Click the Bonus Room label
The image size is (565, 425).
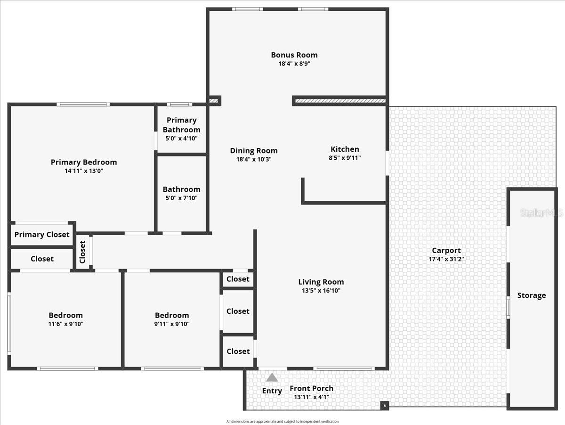[x=294, y=55]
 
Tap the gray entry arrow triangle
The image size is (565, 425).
[x=272, y=378]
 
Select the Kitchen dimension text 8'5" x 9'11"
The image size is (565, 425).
[x=345, y=158]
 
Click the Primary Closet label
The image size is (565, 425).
[x=42, y=235]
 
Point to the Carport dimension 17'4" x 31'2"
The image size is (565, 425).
[x=446, y=259]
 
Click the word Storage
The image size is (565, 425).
[x=532, y=295]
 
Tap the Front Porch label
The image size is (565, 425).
[x=311, y=388]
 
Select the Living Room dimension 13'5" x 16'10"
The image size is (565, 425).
[x=321, y=291]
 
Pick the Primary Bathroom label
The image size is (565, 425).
[x=181, y=125]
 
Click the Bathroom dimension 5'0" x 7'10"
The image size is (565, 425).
[x=181, y=198]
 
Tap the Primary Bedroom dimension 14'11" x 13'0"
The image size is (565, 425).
[x=84, y=171]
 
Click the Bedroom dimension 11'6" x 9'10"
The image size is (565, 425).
[x=66, y=324]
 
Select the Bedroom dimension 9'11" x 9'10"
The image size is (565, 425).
[x=172, y=324]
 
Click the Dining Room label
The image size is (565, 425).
[x=254, y=151]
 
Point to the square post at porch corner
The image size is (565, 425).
[x=385, y=405]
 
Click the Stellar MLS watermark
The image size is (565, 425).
[x=541, y=213]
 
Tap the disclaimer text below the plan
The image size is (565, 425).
[x=282, y=421]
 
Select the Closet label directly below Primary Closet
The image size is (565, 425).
[x=42, y=259]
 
